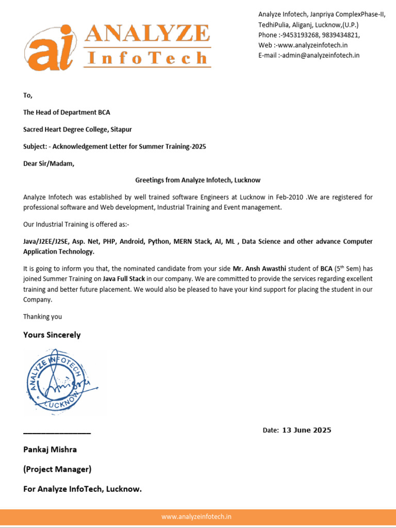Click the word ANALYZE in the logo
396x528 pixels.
tap(147, 35)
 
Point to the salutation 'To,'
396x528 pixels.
tap(28, 95)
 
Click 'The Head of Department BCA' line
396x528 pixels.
tap(67, 112)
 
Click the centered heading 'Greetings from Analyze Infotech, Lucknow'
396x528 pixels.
tap(198, 180)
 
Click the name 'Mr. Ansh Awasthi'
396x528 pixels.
tap(259, 269)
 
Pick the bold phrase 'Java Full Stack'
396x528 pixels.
tap(124, 279)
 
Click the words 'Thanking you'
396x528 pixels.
tap(42, 317)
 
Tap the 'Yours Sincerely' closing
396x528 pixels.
tap(52, 335)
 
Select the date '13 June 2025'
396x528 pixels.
tap(307, 430)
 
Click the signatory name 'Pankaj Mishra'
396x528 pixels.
tap(50, 450)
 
